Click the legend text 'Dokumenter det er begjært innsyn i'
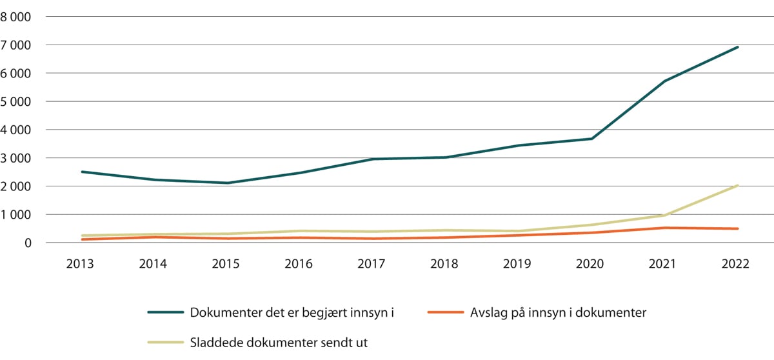click(292, 313)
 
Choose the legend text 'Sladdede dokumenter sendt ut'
click(279, 342)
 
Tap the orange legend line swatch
click(446, 313)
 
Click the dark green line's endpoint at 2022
click(738, 47)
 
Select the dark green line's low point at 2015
click(228, 183)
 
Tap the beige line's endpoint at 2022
click(738, 186)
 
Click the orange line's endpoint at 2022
click(738, 228)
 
